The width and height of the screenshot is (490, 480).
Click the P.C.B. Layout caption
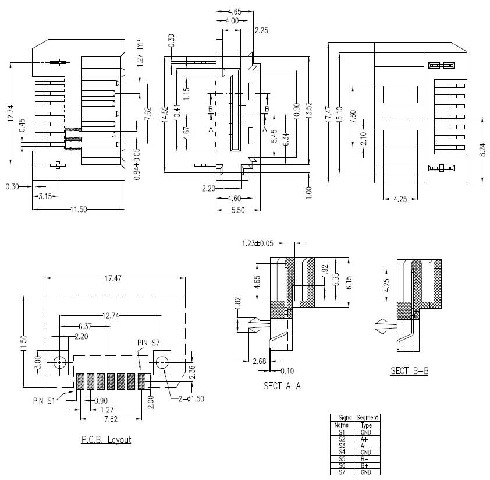click(x=106, y=439)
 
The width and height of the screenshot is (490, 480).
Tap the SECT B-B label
click(x=409, y=370)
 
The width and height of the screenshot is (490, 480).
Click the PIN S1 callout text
click(x=45, y=400)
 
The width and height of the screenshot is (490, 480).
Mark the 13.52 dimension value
click(x=309, y=111)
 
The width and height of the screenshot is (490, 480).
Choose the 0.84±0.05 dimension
click(x=137, y=165)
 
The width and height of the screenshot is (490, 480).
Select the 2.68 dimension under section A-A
click(x=260, y=362)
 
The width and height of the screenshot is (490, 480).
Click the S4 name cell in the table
click(x=342, y=452)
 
